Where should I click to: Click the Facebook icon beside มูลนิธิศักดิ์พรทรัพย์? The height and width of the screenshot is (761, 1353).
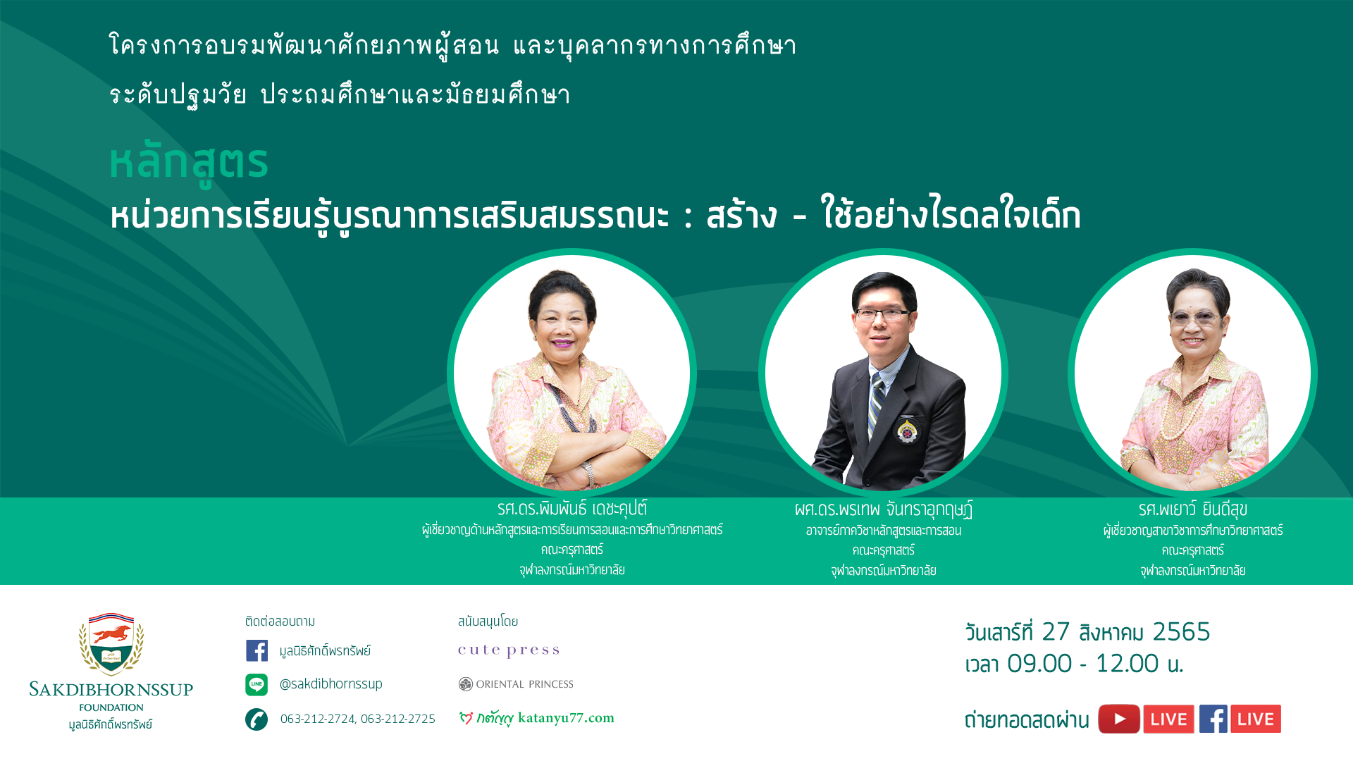coord(257,650)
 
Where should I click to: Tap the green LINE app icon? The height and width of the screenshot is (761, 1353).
coord(257,684)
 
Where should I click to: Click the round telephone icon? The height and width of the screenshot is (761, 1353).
coord(257,719)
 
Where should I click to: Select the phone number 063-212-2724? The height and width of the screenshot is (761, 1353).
coord(318,719)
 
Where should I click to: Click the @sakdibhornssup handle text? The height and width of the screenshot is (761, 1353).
coord(330,683)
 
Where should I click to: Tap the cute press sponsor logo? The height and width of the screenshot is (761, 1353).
coord(509,650)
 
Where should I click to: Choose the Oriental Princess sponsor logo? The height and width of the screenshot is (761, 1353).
coord(516,684)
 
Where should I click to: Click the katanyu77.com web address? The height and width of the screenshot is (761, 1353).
coord(566,718)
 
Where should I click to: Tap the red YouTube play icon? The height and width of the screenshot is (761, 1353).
coord(1118,719)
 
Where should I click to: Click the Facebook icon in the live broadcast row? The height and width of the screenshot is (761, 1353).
coord(1213,719)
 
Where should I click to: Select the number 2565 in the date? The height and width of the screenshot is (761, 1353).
coord(1181,632)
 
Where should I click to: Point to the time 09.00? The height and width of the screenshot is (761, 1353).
coord(1039,664)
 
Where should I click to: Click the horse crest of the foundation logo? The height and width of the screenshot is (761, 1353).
coord(111,643)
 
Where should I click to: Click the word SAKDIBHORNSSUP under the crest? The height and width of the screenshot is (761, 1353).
coord(111,690)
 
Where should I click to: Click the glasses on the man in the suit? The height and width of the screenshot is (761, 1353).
coord(883,314)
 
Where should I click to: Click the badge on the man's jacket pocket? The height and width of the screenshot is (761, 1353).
coord(907,430)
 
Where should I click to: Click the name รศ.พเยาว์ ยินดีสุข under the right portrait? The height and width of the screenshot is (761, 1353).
coord(1193,509)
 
